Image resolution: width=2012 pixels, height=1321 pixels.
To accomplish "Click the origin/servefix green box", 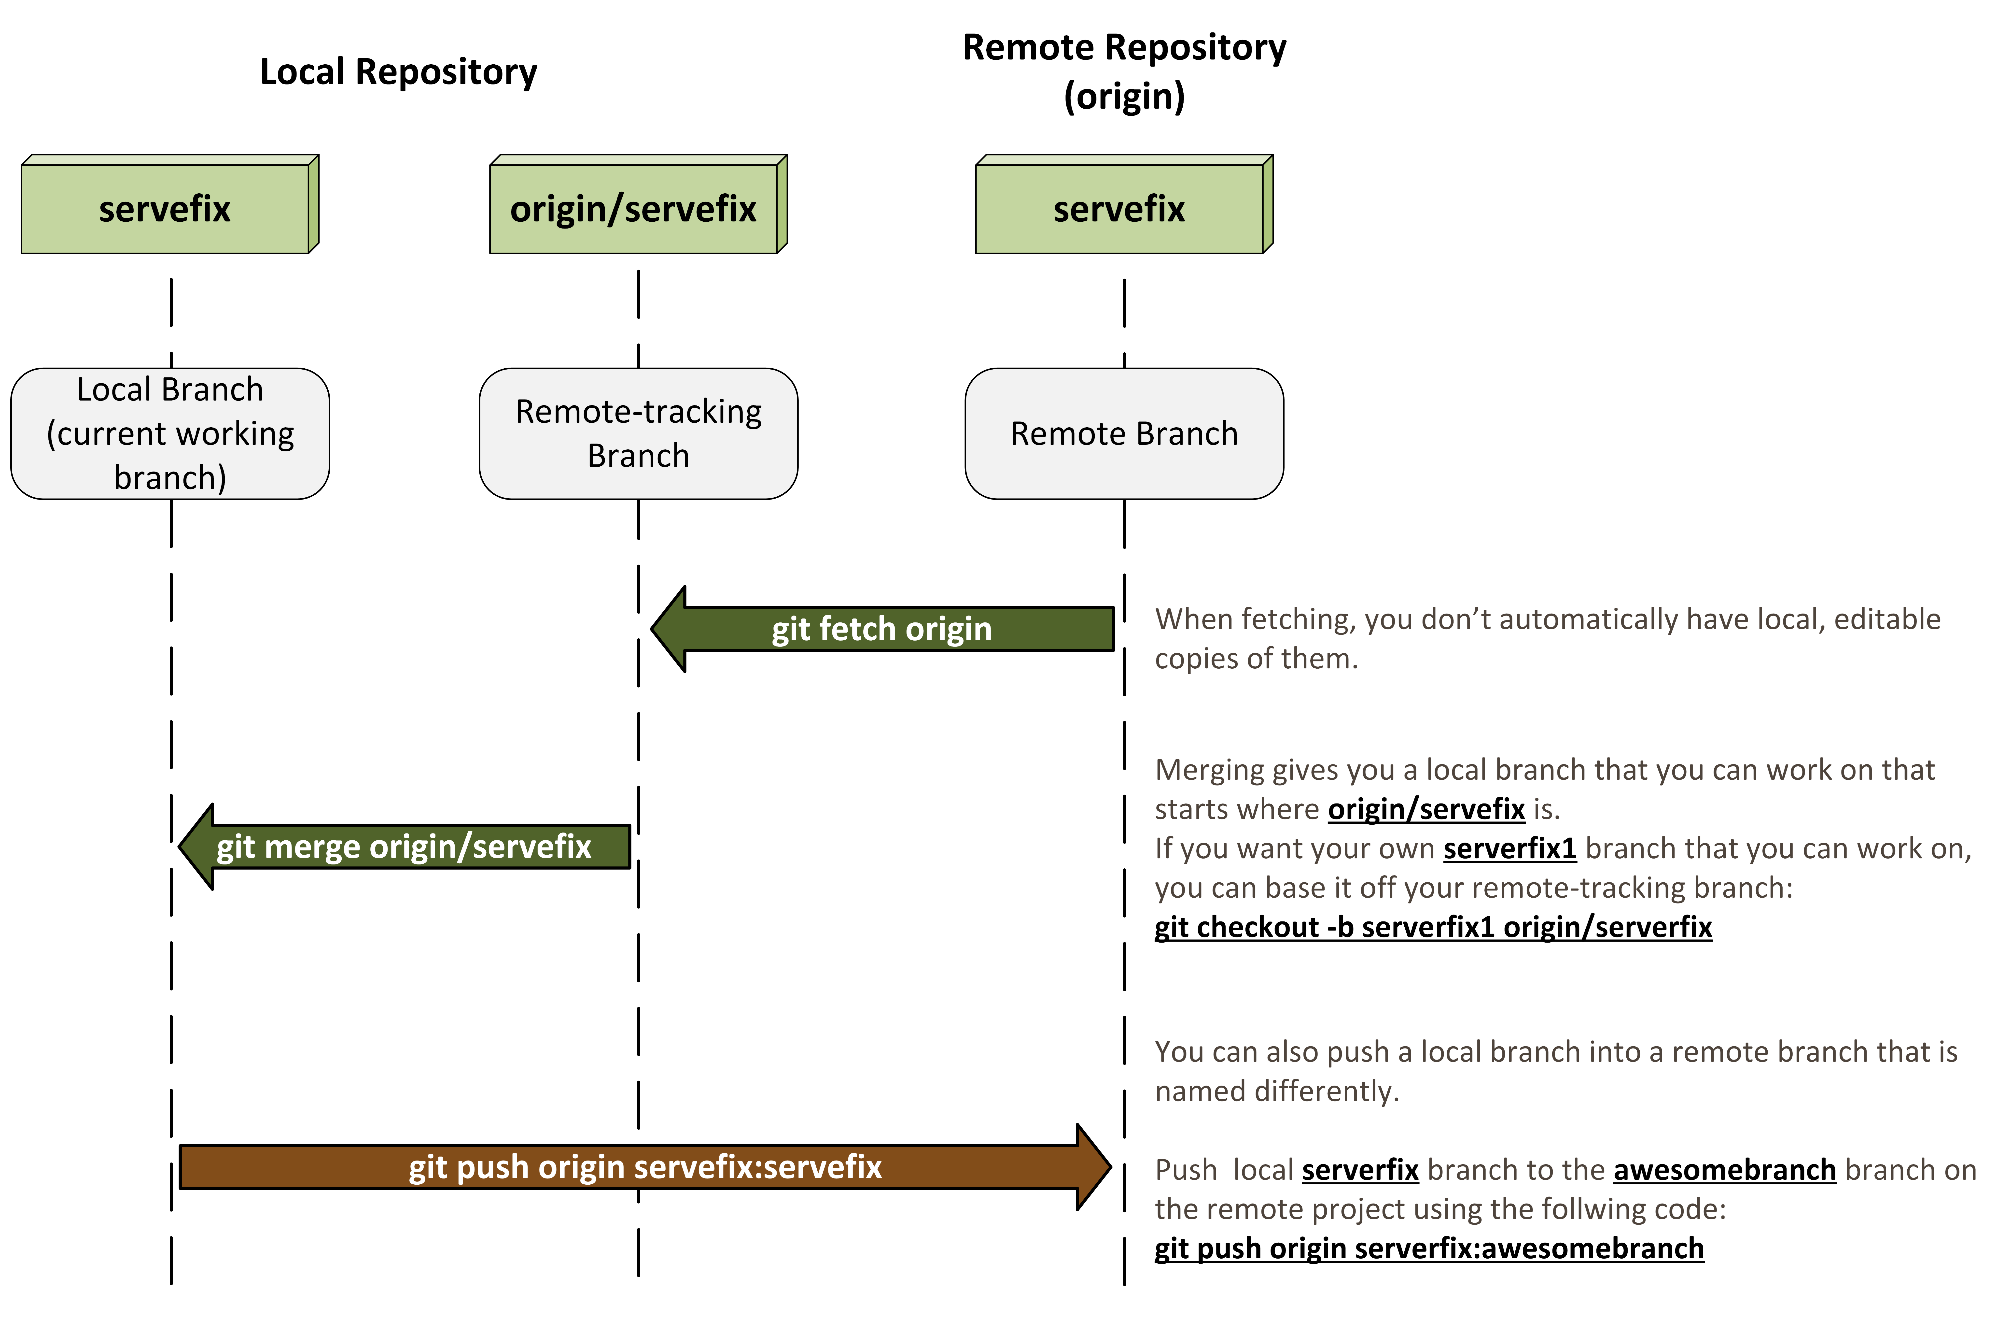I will [x=634, y=208].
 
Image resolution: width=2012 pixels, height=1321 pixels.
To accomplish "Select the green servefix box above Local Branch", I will [x=165, y=208].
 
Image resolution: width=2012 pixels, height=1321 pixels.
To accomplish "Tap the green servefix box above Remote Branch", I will [x=1119, y=208].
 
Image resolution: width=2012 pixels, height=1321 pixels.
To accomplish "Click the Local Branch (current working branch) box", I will [x=170, y=433].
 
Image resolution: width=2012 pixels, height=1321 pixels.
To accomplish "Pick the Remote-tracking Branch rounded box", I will [x=638, y=433].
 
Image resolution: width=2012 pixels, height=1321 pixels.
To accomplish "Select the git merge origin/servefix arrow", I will [x=404, y=847].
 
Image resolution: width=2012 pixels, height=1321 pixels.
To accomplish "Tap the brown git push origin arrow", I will [x=645, y=1167].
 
